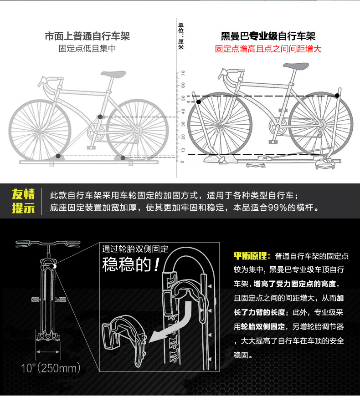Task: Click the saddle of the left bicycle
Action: tap(113, 74)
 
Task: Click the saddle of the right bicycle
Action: tap(296, 66)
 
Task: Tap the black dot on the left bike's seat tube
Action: tap(100, 117)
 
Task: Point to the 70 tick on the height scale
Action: tap(183, 73)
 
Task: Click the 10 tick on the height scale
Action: tap(183, 150)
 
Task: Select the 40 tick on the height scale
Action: tap(183, 112)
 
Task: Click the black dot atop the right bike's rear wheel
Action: tap(337, 96)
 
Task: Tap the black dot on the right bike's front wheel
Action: tap(199, 102)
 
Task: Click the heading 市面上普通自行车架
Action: tap(87, 36)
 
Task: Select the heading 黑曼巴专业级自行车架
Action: tap(268, 36)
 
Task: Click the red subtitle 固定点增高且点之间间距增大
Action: tap(268, 49)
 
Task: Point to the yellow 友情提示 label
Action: tap(23, 201)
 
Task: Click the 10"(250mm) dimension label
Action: tap(51, 368)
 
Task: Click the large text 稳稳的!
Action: tap(131, 264)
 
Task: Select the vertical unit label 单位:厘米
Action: tap(181, 36)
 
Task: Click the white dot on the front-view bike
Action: tap(54, 266)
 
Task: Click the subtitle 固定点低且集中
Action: tap(87, 49)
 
